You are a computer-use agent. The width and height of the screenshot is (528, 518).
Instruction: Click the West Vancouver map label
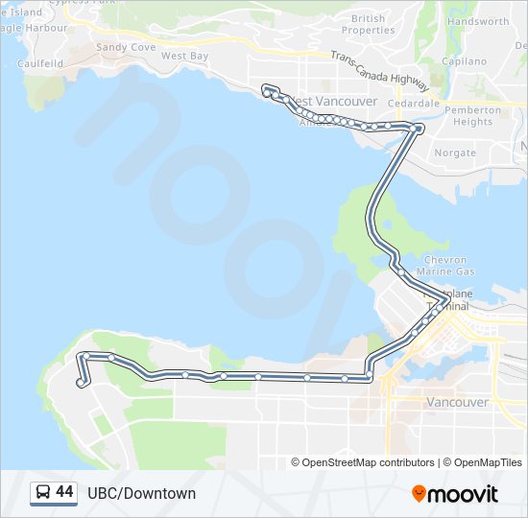pyautogui.click(x=321, y=101)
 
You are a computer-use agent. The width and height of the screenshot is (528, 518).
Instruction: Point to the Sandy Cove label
pyautogui.click(x=126, y=47)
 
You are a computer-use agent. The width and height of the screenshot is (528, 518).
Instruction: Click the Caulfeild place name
pyautogui.click(x=39, y=63)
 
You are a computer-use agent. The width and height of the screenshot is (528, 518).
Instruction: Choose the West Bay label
pyautogui.click(x=184, y=57)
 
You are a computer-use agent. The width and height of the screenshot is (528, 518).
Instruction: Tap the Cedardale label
pyautogui.click(x=414, y=103)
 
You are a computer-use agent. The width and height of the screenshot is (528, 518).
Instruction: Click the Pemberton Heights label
pyautogui.click(x=473, y=116)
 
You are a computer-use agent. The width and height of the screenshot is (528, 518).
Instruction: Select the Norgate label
pyautogui.click(x=455, y=153)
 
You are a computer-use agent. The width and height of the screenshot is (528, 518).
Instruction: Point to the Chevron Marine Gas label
pyautogui.click(x=445, y=266)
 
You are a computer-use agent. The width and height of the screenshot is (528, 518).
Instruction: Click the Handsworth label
pyautogui.click(x=478, y=21)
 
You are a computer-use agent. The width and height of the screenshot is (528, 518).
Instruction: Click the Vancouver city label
pyautogui.click(x=457, y=402)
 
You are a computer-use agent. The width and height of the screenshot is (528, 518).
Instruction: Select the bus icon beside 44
pyautogui.click(x=43, y=493)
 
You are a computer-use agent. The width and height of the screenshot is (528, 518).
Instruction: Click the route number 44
pyautogui.click(x=65, y=492)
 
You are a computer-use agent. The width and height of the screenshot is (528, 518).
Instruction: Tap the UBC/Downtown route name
pyautogui.click(x=141, y=493)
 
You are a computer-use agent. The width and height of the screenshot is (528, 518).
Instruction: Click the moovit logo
pyautogui.click(x=455, y=494)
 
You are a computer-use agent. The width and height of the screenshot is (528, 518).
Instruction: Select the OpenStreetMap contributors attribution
pyautogui.click(x=363, y=462)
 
